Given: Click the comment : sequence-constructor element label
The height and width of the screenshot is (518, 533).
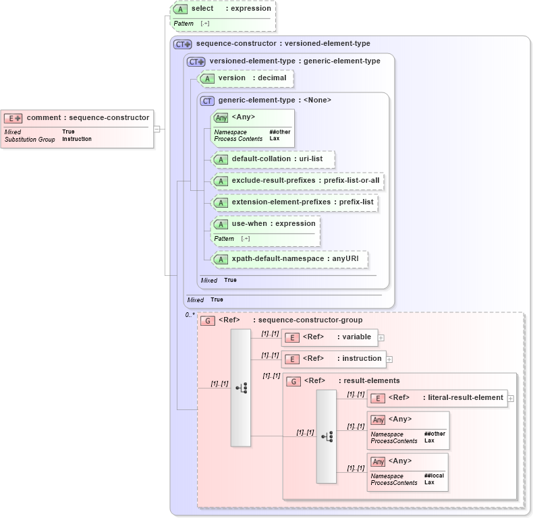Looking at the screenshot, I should [x=88, y=117].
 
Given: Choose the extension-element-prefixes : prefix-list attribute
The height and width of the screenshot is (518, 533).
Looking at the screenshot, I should [x=302, y=202].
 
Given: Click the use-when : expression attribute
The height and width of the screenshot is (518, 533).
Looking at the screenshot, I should [x=273, y=224].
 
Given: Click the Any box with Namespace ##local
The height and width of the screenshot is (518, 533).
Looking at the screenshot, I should [x=408, y=470].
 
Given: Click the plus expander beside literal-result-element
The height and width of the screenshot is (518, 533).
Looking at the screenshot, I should [x=511, y=399].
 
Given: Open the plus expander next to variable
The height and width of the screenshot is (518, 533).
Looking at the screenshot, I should [x=381, y=337].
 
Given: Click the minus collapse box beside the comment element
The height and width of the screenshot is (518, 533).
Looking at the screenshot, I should [x=157, y=129].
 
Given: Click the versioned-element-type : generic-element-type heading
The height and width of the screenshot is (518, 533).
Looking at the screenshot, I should [x=294, y=61].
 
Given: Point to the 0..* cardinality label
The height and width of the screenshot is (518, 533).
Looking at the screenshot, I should [x=190, y=315].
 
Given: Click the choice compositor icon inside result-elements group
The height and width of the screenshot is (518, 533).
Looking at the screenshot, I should [x=327, y=436].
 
